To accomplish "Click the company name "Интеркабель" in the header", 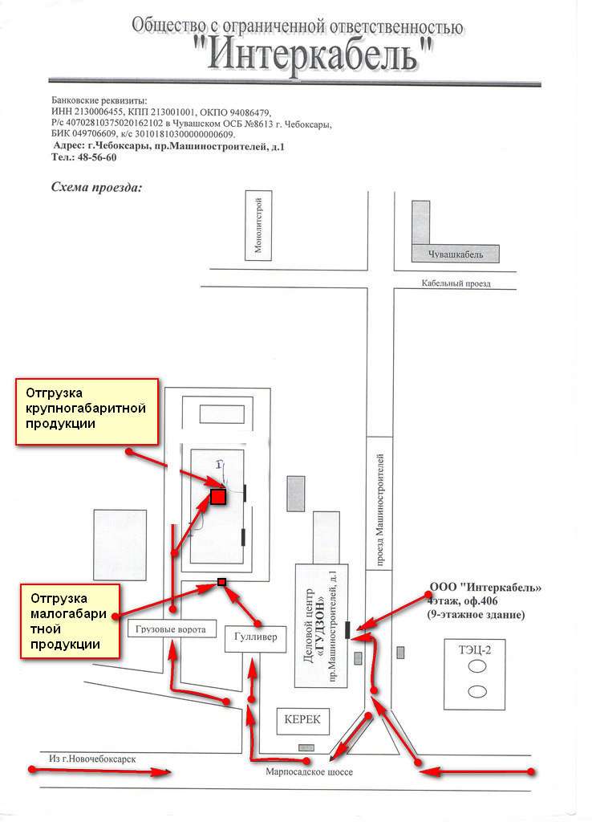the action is click(314, 55).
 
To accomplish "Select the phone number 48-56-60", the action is click(97, 157).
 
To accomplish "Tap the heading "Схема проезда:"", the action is click(96, 187).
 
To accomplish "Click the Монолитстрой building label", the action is click(258, 225).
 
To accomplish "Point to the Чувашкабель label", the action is click(456, 254).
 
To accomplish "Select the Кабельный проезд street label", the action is click(456, 283).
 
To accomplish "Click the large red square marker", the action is click(218, 496).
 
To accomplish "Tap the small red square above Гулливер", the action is click(221, 581).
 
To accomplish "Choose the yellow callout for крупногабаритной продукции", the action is click(87, 412).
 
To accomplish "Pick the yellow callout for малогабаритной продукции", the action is click(71, 621).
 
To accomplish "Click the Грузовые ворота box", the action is click(172, 629).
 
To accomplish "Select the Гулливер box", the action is click(256, 638).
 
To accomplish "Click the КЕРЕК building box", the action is click(302, 720).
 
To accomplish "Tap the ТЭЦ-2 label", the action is click(475, 650).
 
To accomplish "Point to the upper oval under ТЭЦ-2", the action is click(476, 666).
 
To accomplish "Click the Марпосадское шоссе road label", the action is click(309, 771).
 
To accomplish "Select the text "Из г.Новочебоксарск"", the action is click(92, 759).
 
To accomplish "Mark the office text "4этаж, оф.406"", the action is click(463, 600).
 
